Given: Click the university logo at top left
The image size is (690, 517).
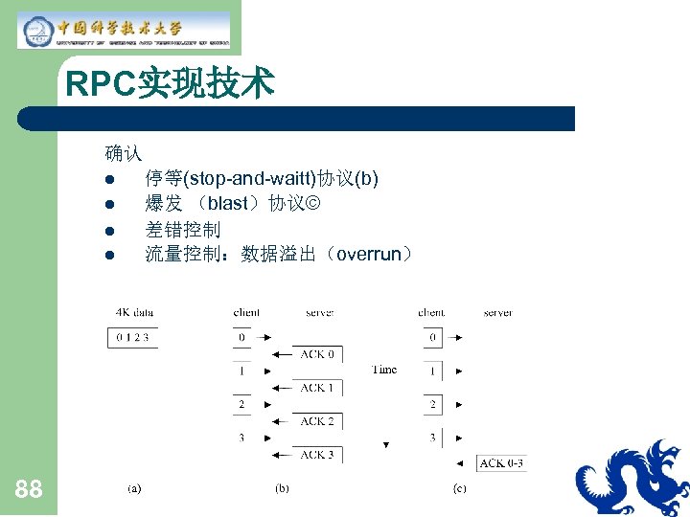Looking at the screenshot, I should (x=124, y=30).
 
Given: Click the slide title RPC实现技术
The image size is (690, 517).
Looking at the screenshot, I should (x=170, y=84).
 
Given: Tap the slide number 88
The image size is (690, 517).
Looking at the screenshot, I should (x=29, y=490).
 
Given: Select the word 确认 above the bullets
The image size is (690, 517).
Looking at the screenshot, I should (x=124, y=152).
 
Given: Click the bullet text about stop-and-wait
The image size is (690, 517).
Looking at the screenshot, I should (x=261, y=178).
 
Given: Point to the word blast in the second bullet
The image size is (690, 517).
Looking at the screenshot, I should (x=228, y=204).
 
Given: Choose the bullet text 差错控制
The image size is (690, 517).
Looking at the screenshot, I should (x=182, y=230).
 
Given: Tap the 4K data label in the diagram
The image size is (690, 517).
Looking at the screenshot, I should (x=134, y=312).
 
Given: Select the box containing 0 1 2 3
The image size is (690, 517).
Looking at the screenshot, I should (x=133, y=337).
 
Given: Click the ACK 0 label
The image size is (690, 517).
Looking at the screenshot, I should (x=316, y=354).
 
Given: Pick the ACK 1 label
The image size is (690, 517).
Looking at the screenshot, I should (x=316, y=388).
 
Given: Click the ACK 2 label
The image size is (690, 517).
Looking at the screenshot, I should (x=316, y=421).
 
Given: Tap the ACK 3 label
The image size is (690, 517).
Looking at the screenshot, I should (x=316, y=455).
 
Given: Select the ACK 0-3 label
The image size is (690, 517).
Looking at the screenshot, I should (x=501, y=463).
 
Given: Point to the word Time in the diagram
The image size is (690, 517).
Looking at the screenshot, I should (x=383, y=370).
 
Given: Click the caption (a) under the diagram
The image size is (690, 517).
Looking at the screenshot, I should (x=134, y=488).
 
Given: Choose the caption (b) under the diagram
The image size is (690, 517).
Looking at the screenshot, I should (x=282, y=488).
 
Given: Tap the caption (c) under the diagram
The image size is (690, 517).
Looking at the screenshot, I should (x=460, y=488).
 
